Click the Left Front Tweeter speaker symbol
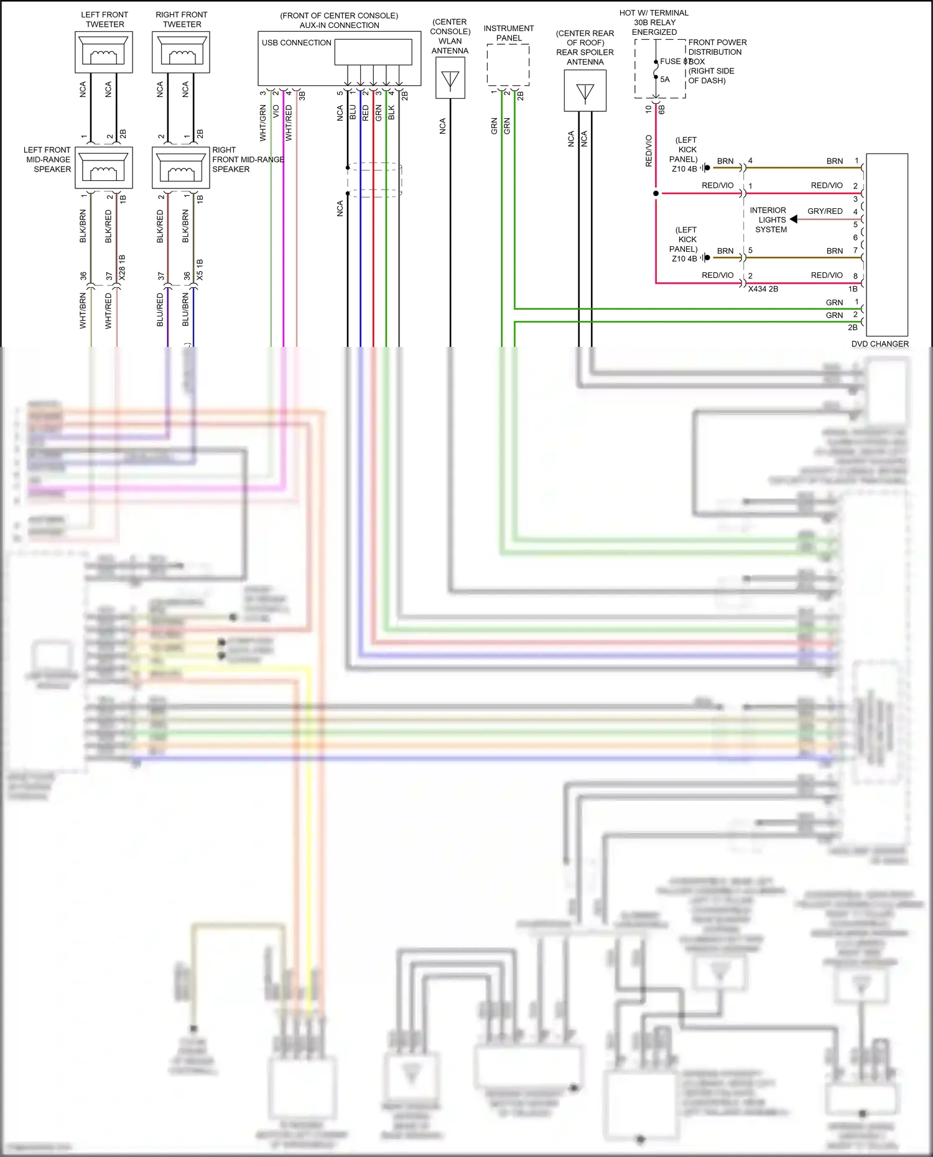[x=104, y=52]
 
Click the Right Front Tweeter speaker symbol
[x=181, y=52]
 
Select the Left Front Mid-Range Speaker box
[x=104, y=167]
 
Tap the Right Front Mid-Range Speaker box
[x=181, y=167]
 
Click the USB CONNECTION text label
[x=296, y=43]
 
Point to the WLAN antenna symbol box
[x=450, y=78]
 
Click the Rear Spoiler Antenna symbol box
[x=585, y=91]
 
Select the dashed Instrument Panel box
[x=508, y=65]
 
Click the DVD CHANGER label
[x=880, y=344]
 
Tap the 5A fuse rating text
[x=665, y=80]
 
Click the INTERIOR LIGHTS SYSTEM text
[x=770, y=220]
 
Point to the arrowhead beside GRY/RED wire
[x=794, y=219]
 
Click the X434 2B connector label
[x=763, y=289]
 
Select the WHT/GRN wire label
[x=263, y=122]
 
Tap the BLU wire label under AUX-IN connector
[x=353, y=113]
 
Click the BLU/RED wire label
[x=160, y=310]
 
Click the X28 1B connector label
[x=122, y=267]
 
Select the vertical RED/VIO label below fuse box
[x=649, y=150]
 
